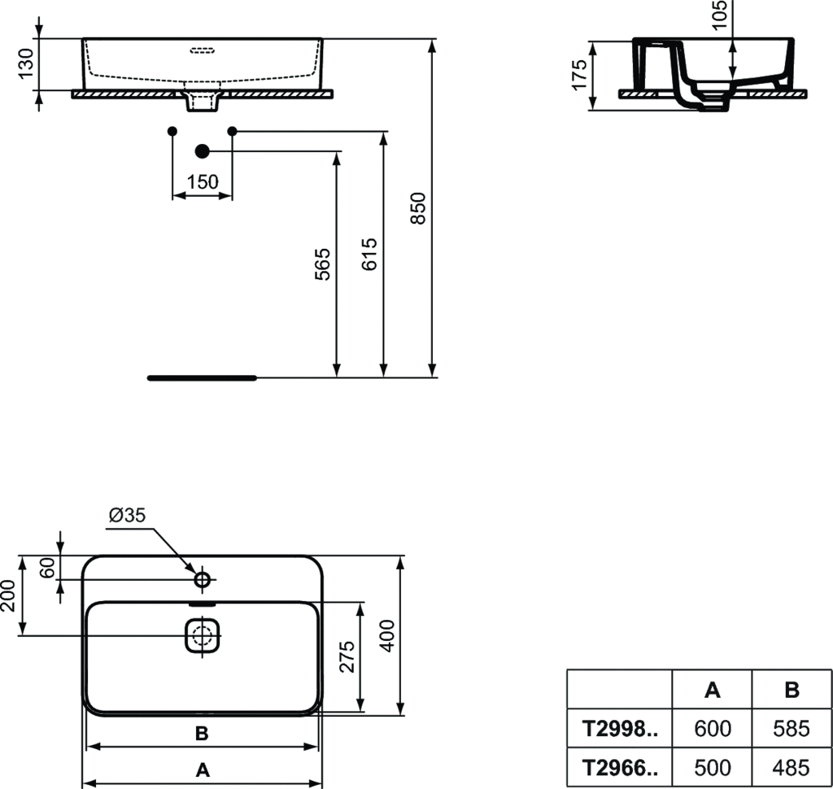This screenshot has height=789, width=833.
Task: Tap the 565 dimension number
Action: (x=323, y=264)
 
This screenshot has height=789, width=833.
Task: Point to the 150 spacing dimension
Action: (x=202, y=182)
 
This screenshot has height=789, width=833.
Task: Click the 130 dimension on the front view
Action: (x=25, y=64)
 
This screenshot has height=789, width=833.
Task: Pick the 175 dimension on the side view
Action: (x=579, y=75)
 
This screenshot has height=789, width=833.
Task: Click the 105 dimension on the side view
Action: (x=719, y=15)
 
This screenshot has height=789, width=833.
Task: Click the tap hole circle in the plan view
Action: (x=203, y=579)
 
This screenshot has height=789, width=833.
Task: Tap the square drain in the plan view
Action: (x=203, y=635)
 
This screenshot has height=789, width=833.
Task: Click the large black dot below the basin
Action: (x=203, y=151)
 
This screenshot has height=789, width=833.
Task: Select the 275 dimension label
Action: (x=347, y=656)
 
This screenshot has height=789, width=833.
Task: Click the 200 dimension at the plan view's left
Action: (x=9, y=596)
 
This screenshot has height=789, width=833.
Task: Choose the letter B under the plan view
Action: (x=202, y=734)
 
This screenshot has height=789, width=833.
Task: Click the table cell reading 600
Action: (x=712, y=729)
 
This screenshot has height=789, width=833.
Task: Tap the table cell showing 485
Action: (x=792, y=767)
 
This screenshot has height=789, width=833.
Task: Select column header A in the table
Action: (x=712, y=691)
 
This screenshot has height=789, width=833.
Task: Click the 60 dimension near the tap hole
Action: (x=48, y=568)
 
